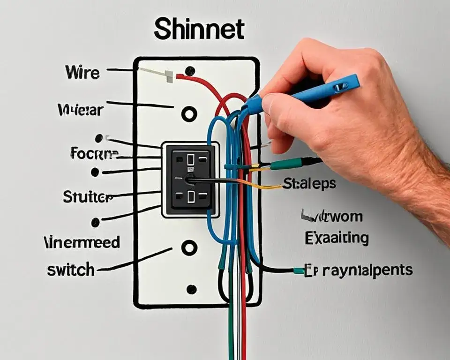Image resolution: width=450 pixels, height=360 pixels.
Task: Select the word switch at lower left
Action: (x=71, y=270)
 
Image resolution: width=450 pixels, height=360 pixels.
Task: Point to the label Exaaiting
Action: (x=337, y=238)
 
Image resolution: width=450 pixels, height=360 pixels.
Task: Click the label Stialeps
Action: (x=309, y=183)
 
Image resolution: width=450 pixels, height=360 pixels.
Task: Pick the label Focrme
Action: (x=95, y=153)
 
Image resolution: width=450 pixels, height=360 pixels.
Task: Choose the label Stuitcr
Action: (x=88, y=197)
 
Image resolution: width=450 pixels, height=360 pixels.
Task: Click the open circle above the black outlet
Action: (x=189, y=113)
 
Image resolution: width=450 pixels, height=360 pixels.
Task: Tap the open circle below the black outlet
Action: (x=189, y=247)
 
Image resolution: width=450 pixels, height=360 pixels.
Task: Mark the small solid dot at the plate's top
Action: (x=189, y=71)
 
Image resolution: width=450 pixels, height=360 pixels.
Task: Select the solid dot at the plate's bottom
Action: (x=191, y=289)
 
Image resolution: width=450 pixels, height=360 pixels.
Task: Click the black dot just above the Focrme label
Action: (x=99, y=138)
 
